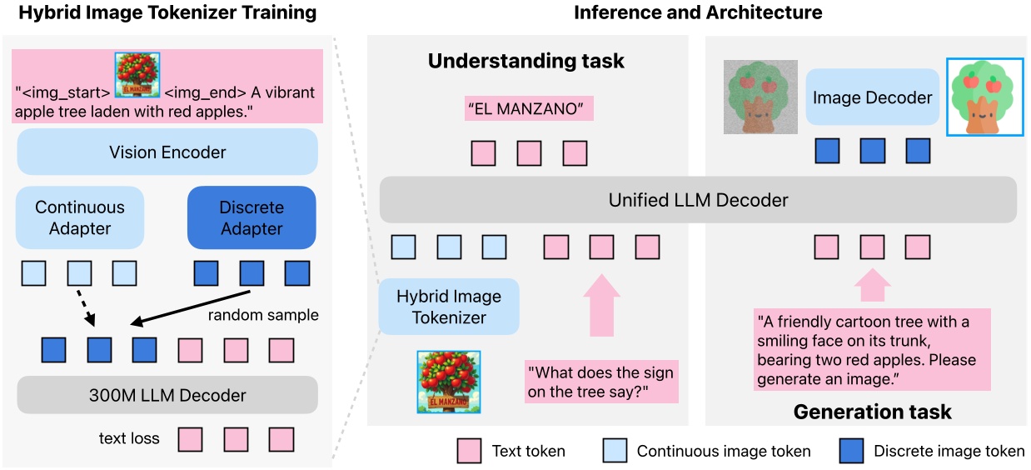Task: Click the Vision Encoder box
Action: [x=167, y=152]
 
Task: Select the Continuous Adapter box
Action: [x=80, y=217]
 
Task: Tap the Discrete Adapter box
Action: [x=252, y=217]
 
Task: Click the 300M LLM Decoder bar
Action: [x=167, y=395]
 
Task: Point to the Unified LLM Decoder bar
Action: [x=698, y=200]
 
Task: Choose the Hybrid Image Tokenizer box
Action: [x=449, y=307]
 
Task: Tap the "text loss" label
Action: [x=128, y=437]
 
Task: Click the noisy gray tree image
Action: [x=760, y=97]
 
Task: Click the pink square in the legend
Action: [x=470, y=451]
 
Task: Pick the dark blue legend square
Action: [x=845, y=451]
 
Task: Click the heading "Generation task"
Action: [x=872, y=412]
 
